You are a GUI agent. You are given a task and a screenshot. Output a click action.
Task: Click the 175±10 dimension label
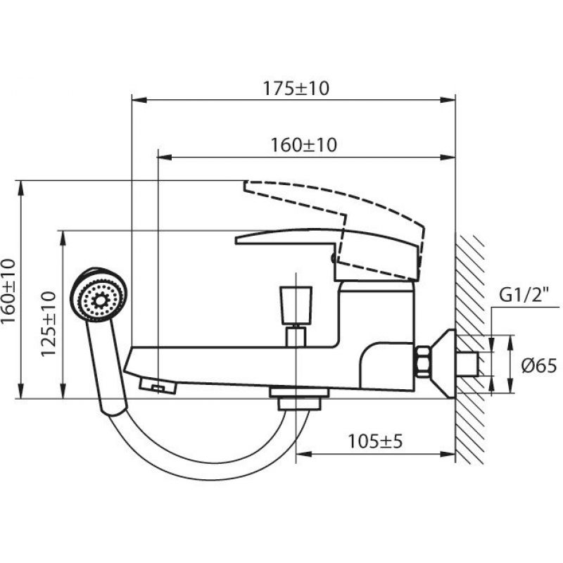(x=296, y=89)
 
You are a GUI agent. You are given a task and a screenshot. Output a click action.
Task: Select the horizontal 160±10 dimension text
(x=304, y=145)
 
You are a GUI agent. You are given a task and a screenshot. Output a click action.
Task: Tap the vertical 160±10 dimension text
(x=8, y=291)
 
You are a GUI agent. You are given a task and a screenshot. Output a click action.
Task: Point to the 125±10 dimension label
(x=49, y=324)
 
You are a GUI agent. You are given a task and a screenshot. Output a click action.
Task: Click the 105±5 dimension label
(x=375, y=441)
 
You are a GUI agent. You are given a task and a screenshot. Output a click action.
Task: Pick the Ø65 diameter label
(x=539, y=366)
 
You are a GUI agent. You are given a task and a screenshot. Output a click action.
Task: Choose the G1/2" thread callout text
(x=524, y=296)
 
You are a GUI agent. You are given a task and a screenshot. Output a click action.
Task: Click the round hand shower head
(x=98, y=295)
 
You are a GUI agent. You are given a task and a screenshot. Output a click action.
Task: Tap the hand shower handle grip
(x=107, y=368)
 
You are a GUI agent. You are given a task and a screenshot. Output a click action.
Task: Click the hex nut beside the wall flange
(x=423, y=361)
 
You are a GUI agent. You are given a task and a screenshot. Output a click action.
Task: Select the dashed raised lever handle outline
(x=334, y=230)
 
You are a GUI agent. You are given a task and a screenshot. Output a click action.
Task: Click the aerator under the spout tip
(x=158, y=386)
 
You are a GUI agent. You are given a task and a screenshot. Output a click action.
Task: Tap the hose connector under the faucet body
(x=299, y=398)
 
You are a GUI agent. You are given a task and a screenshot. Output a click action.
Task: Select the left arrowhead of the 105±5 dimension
(x=303, y=455)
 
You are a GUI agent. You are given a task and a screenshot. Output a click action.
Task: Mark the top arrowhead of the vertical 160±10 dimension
(x=21, y=188)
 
